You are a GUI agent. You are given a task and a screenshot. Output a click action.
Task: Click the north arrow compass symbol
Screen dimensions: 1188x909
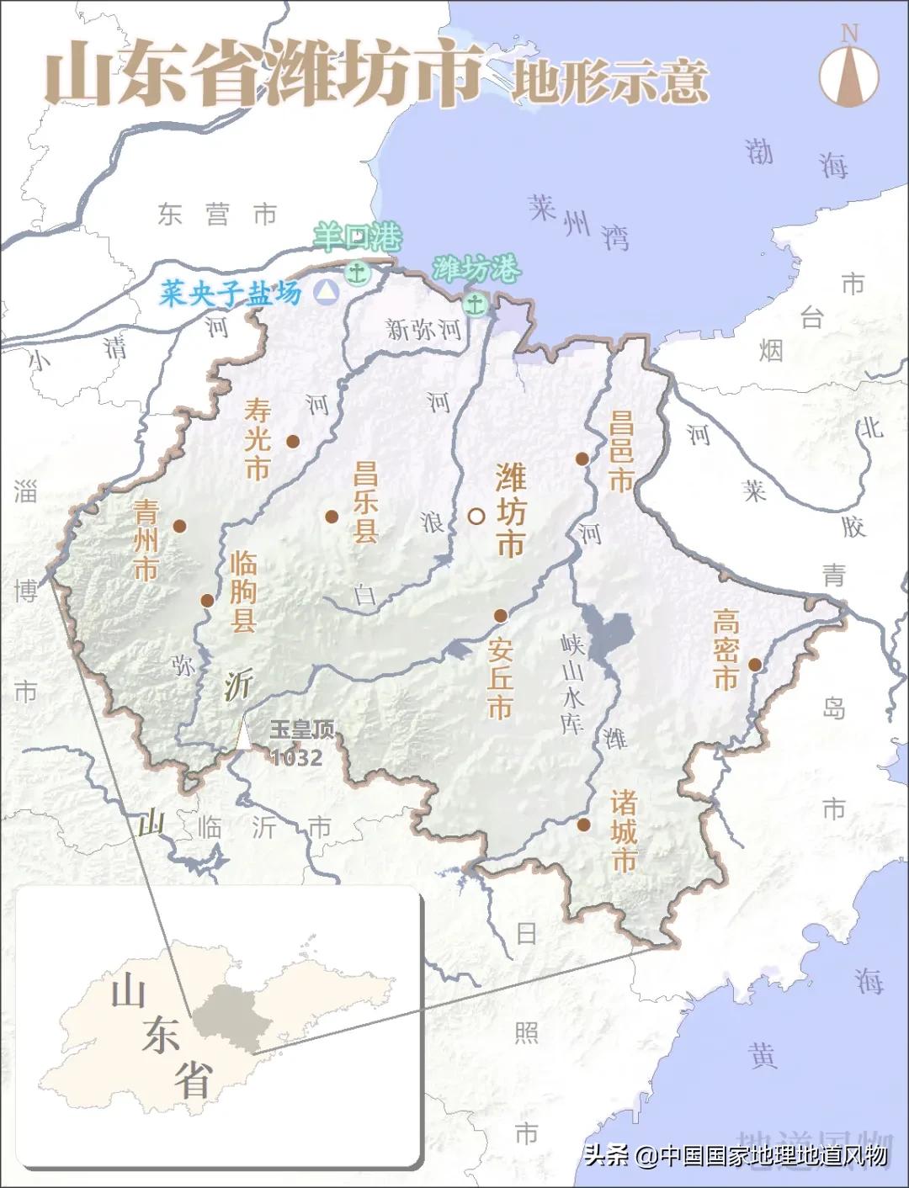[849, 72]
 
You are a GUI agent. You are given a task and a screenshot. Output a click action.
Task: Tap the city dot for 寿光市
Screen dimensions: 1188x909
[293, 441]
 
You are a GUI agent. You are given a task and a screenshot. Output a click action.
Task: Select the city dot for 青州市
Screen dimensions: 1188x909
[179, 526]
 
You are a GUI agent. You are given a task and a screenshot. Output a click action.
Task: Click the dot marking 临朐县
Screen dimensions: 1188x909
[207, 600]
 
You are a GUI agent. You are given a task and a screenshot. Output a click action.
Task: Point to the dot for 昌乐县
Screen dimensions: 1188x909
[332, 517]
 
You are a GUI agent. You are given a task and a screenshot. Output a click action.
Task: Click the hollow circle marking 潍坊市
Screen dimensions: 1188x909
[476, 516]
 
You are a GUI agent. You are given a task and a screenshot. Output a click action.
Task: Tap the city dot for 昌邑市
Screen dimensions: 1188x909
[582, 459]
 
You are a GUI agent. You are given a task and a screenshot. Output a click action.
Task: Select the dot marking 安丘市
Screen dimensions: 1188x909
[501, 616]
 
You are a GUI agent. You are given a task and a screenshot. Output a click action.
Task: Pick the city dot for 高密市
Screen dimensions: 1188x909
[755, 665]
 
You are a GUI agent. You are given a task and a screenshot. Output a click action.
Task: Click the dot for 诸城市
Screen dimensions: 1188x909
[584, 825]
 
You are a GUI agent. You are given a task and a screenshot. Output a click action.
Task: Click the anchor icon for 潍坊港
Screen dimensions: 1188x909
[476, 304]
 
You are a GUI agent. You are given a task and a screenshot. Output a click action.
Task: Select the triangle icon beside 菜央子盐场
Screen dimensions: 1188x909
[326, 292]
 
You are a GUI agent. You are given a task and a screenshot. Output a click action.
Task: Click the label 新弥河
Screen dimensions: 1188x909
[423, 329]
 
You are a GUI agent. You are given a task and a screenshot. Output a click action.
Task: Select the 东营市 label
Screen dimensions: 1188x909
[217, 215]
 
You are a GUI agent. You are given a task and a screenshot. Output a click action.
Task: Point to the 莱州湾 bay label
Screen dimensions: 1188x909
[579, 220]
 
